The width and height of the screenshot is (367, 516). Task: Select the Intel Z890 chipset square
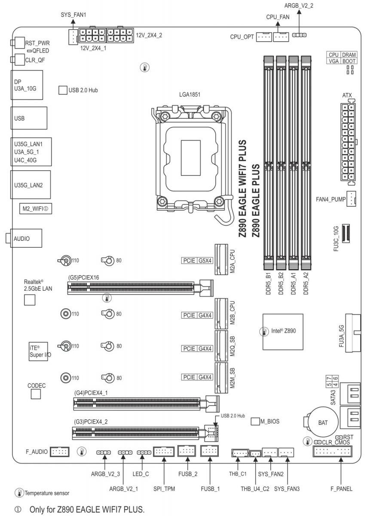[283, 332]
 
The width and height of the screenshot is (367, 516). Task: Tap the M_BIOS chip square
[255, 421]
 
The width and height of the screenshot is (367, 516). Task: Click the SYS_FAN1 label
[73, 15]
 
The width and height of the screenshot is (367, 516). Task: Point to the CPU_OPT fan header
[264, 37]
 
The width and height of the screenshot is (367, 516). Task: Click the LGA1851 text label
[190, 95]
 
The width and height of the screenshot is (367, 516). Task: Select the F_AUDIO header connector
[59, 451]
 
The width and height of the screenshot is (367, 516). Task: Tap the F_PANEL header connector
[333, 451]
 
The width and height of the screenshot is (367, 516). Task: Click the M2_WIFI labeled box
[36, 209]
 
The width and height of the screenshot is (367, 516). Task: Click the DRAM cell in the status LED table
[349, 55]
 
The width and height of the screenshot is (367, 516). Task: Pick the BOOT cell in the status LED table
[349, 61]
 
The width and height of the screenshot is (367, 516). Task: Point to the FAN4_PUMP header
[351, 199]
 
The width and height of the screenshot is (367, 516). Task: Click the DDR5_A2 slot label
[306, 283]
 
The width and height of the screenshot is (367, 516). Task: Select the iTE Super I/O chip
[38, 351]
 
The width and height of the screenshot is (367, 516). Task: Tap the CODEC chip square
[36, 394]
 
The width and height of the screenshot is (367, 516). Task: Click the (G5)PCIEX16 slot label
[83, 277]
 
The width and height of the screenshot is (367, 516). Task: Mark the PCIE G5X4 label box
[197, 261]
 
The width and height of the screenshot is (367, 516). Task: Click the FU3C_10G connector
[346, 233]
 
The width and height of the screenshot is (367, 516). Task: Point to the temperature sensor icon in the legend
[19, 493]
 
